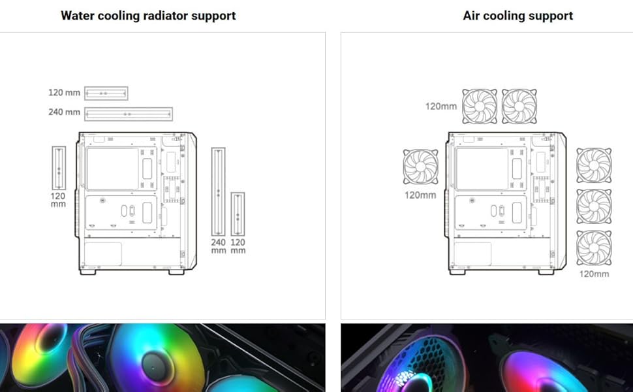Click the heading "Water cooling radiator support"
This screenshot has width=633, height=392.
[148, 16]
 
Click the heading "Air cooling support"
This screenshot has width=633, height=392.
[517, 16]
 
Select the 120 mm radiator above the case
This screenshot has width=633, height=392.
[106, 93]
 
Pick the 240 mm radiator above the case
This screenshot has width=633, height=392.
[129, 114]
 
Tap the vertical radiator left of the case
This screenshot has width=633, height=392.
[59, 168]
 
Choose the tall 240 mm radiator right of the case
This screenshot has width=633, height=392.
[218, 191]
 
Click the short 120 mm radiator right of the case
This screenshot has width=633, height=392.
[238, 215]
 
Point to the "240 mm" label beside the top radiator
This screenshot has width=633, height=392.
[64, 112]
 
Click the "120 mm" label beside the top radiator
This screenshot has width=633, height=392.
[64, 93]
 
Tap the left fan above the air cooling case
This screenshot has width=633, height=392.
[480, 106]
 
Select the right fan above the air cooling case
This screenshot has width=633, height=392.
[519, 106]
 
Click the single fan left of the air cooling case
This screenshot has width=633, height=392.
[421, 167]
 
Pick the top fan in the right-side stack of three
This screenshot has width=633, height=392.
[594, 165]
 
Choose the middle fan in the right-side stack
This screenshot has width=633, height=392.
[594, 206]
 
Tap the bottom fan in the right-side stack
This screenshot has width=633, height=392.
[594, 248]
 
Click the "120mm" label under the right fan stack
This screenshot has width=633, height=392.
[594, 274]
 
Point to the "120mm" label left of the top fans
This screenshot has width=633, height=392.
[441, 106]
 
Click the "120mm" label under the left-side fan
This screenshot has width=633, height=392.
[420, 195]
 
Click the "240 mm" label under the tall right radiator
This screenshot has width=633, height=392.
[218, 246]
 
